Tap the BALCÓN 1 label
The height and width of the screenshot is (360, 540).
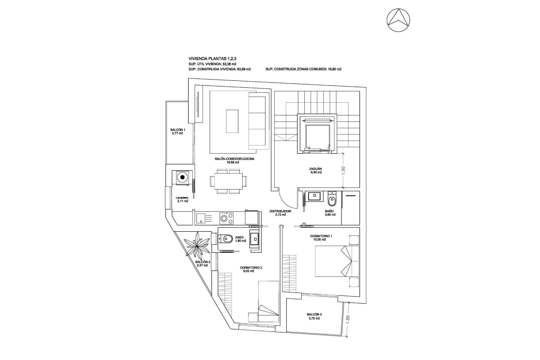177,131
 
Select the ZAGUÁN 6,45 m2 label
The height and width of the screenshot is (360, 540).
315,170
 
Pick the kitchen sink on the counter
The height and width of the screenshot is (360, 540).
201,219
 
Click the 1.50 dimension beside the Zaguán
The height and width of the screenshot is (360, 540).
343,170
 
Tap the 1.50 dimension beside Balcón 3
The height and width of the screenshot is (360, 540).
348,319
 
